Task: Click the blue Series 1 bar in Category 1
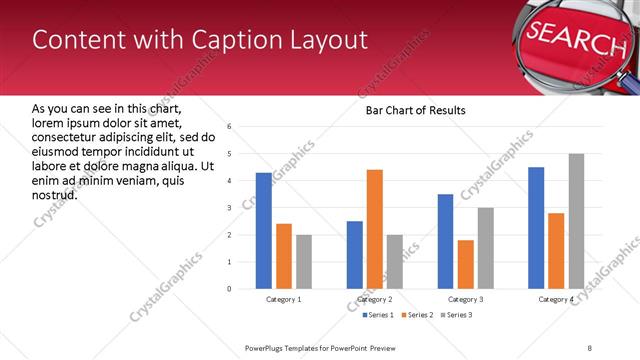click(x=263, y=231)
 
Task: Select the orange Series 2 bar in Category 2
click(x=375, y=229)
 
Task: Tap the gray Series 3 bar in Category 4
click(x=576, y=221)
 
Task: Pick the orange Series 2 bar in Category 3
click(x=465, y=264)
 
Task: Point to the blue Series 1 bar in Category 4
click(x=536, y=228)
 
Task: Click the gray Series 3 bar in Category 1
click(x=303, y=262)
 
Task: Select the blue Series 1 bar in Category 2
click(x=355, y=255)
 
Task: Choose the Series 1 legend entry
click(x=377, y=315)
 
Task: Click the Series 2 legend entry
click(x=416, y=315)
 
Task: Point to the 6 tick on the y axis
click(x=230, y=127)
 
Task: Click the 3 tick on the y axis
click(x=230, y=208)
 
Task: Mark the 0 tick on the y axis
click(x=230, y=289)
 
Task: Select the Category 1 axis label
click(x=283, y=299)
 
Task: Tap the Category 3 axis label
click(x=465, y=299)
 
